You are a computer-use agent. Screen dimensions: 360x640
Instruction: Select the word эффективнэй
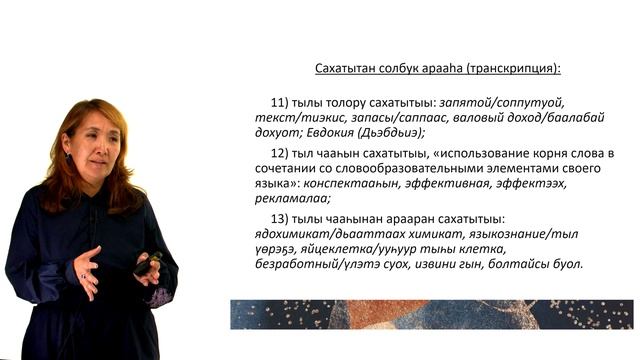pos(455,184)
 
